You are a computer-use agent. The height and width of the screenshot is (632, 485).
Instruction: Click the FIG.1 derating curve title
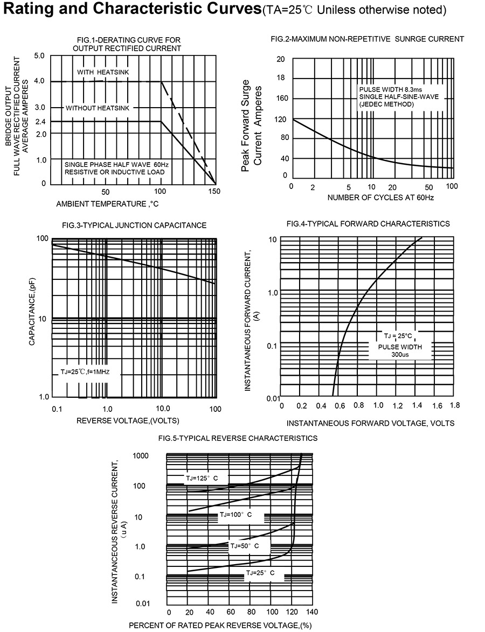tap(127, 44)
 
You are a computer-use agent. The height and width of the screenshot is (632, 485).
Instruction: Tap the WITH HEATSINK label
tap(103, 72)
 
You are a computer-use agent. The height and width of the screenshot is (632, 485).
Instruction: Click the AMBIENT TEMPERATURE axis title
tap(107, 204)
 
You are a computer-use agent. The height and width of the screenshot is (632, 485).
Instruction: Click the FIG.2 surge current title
tap(367, 39)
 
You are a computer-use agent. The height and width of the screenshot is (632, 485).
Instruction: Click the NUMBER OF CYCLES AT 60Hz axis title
tap(381, 198)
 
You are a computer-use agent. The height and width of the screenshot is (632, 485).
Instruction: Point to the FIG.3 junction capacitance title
tap(134, 225)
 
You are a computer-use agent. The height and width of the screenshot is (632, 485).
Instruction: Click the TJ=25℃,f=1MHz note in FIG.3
tap(85, 372)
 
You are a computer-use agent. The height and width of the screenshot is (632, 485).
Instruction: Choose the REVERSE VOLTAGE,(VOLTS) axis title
tap(128, 420)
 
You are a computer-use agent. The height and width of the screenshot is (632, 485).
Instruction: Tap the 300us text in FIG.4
tap(400, 355)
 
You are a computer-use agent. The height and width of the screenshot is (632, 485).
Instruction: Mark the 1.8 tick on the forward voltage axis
tap(454, 405)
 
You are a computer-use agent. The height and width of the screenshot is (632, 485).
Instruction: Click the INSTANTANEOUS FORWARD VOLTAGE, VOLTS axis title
tap(370, 423)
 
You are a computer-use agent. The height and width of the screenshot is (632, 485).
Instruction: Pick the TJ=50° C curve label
tap(245, 546)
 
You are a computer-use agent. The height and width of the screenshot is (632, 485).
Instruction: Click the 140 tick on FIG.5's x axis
tap(312, 612)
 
